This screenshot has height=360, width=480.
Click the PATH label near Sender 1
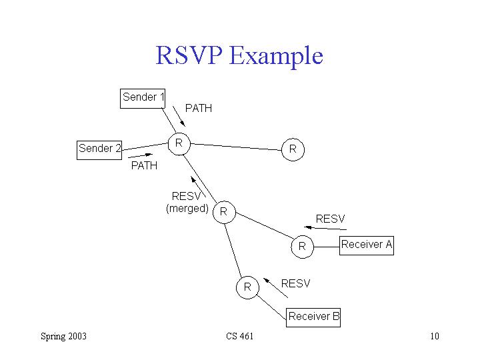click(x=199, y=109)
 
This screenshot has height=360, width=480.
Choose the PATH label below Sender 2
click(x=144, y=165)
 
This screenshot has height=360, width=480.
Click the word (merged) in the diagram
click(x=187, y=209)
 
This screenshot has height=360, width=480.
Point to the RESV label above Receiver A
click(x=330, y=219)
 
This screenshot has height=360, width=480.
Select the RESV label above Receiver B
click(x=296, y=283)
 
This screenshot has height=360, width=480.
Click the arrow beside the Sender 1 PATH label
click(x=179, y=116)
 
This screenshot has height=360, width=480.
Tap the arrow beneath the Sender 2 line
click(x=140, y=155)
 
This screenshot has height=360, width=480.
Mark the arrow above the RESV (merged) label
click(x=198, y=187)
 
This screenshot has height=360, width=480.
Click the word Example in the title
click(x=276, y=56)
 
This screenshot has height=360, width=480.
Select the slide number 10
click(x=435, y=336)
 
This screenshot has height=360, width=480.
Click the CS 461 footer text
click(x=240, y=336)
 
